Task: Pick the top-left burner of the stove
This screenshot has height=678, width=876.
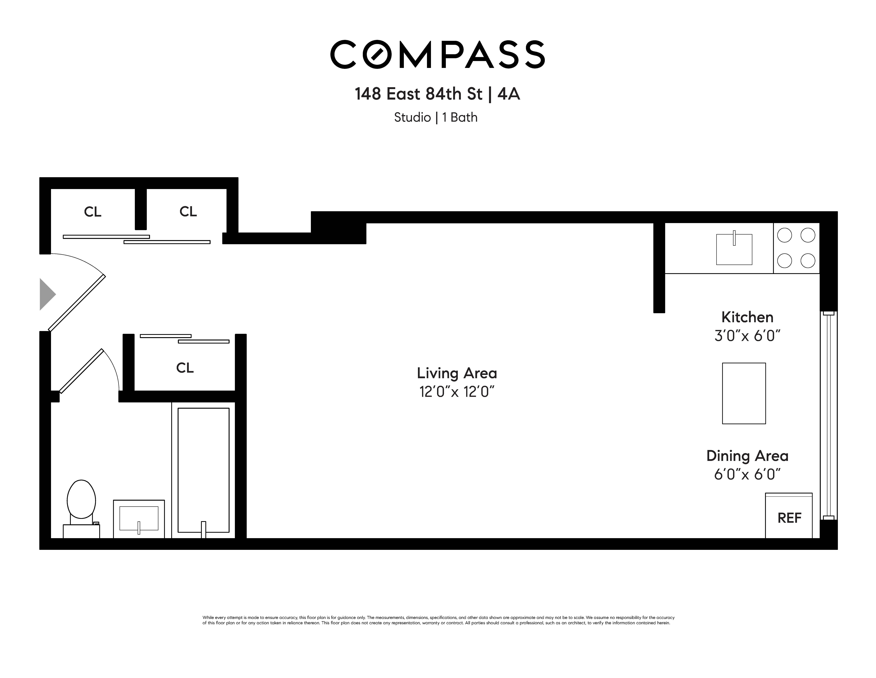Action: click(785, 235)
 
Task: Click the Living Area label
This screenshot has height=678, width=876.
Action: click(457, 373)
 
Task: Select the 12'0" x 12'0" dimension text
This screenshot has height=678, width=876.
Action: click(457, 392)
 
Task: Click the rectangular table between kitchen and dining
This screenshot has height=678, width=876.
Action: click(744, 393)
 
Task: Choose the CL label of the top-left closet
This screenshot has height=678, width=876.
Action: click(93, 212)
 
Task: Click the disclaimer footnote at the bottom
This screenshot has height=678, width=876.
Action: click(438, 620)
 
